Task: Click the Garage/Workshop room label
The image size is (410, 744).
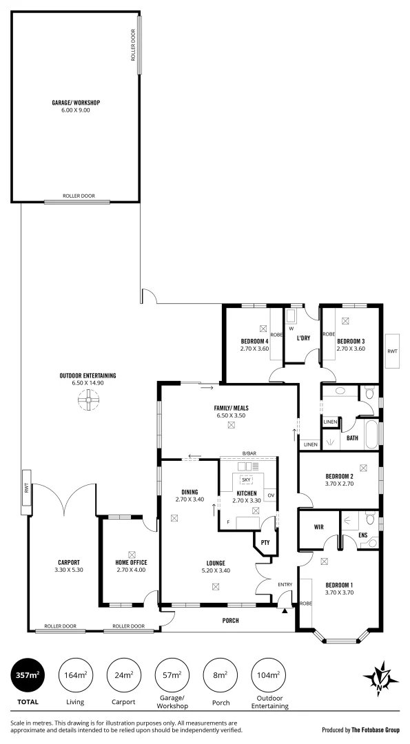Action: pos(76,103)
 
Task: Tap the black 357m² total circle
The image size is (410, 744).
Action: pos(28,675)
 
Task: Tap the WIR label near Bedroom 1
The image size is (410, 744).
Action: pos(318,527)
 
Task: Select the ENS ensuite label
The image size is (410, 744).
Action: pos(362,535)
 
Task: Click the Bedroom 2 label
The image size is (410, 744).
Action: pos(339,476)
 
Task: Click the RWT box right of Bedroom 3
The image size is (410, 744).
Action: pos(392,351)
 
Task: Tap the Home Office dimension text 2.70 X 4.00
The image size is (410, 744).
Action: pos(131,570)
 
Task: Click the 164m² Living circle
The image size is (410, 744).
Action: pos(76,675)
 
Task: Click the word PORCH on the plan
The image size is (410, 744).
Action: pos(230,621)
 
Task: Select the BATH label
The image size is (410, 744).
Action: pos(352,438)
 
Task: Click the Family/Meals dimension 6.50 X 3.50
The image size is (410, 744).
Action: pos(230,415)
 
